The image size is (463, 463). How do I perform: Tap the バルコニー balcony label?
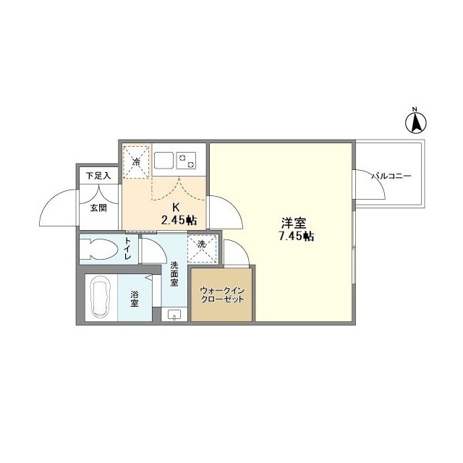pyautogui.click(x=391, y=176)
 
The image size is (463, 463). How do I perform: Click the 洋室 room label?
pyautogui.click(x=292, y=224)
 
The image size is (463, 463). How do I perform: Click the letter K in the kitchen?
pyautogui.click(x=175, y=206)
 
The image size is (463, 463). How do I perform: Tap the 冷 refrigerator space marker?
pyautogui.click(x=136, y=161)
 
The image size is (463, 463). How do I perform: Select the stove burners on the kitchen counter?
pyautogui.click(x=187, y=159)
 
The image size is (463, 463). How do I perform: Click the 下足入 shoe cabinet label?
pyautogui.click(x=98, y=175)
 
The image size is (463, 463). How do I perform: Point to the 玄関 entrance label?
pyautogui.click(x=98, y=207)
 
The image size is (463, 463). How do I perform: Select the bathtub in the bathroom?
pyautogui.click(x=99, y=298)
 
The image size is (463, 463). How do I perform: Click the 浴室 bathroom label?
pyautogui.click(x=135, y=297)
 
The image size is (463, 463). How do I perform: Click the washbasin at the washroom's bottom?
pyautogui.click(x=174, y=315)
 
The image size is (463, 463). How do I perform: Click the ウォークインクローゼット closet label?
pyautogui.click(x=221, y=295)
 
